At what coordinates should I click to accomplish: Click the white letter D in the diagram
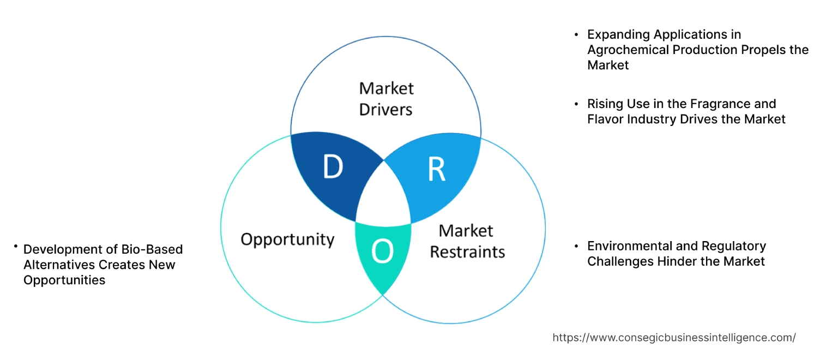coord(333,167)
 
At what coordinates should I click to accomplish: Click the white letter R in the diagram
coord(436,169)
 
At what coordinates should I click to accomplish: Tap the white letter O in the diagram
coord(382,251)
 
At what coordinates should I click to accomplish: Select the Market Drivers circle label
coord(386,99)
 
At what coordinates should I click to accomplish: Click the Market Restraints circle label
coord(467,241)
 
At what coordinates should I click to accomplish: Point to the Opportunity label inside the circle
coord(287,239)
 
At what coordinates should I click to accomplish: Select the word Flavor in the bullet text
coord(605,119)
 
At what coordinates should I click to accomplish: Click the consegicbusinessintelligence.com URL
coord(674,338)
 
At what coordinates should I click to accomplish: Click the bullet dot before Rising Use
coord(576,104)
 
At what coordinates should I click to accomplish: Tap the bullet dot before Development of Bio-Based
coord(16,248)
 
